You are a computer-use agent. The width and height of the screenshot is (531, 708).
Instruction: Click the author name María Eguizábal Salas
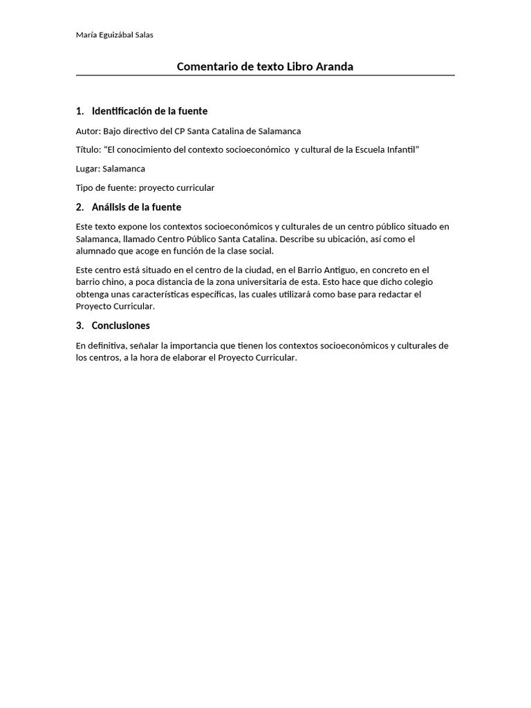(114, 35)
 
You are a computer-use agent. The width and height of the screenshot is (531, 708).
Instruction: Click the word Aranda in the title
(335, 66)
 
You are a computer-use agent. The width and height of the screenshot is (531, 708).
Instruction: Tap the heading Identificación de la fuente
(149, 111)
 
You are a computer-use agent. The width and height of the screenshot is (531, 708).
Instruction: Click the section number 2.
(80, 207)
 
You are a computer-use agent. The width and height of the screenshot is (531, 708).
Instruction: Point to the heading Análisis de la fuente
(136, 207)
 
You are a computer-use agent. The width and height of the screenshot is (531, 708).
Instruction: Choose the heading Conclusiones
(120, 326)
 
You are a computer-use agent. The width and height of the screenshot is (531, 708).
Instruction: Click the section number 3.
(80, 326)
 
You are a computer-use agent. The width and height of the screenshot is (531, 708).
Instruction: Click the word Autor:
(88, 131)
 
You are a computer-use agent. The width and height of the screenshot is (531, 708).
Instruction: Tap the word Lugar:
(88, 169)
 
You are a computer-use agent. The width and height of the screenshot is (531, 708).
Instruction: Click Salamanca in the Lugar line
(124, 169)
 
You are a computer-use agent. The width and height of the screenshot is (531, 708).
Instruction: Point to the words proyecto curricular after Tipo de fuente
(177, 188)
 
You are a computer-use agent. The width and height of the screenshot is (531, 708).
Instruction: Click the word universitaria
(265, 282)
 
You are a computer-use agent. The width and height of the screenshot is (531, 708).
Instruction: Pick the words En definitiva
(102, 345)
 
